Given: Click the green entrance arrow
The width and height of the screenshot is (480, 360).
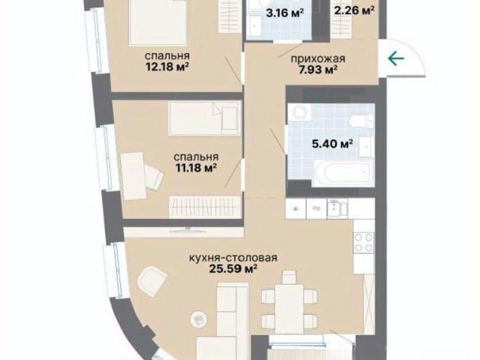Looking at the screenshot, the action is pyautogui.click(x=396, y=58).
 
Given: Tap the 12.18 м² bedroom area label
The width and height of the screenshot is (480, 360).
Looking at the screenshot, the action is pyautogui.click(x=166, y=67).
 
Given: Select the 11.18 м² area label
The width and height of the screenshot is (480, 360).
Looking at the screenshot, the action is pyautogui.click(x=196, y=167).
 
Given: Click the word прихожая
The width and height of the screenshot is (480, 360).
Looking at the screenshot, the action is pyautogui.click(x=318, y=58).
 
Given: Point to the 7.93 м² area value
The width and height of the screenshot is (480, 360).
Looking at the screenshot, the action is pyautogui.click(x=318, y=70).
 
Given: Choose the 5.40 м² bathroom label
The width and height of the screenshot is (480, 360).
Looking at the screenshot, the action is pyautogui.click(x=333, y=143).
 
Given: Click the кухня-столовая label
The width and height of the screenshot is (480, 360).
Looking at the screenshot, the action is pyautogui.click(x=233, y=258).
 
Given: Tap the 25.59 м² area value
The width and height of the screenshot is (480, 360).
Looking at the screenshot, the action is pyautogui.click(x=233, y=268).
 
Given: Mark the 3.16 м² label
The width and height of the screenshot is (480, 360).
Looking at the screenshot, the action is pyautogui.click(x=285, y=13).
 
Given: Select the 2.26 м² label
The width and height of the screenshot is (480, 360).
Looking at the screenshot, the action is pyautogui.click(x=354, y=10).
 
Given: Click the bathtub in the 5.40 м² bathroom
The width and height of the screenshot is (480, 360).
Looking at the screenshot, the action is pyautogui.click(x=343, y=172).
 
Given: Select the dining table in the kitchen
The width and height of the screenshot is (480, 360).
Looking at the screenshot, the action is pyautogui.click(x=289, y=309).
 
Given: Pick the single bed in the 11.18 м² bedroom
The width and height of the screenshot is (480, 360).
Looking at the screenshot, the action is pyautogui.click(x=205, y=118).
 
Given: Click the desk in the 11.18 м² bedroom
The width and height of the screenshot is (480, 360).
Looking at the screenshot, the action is pyautogui.click(x=133, y=176).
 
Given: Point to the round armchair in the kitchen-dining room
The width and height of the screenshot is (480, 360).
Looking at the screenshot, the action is pyautogui.click(x=152, y=281).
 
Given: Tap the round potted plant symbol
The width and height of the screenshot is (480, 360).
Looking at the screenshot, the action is pyautogui.click(x=198, y=320).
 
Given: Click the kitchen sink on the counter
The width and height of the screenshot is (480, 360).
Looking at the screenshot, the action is pyautogui.click(x=337, y=208).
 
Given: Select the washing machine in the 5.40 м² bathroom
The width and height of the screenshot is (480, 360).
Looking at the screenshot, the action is pyautogui.click(x=299, y=112).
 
